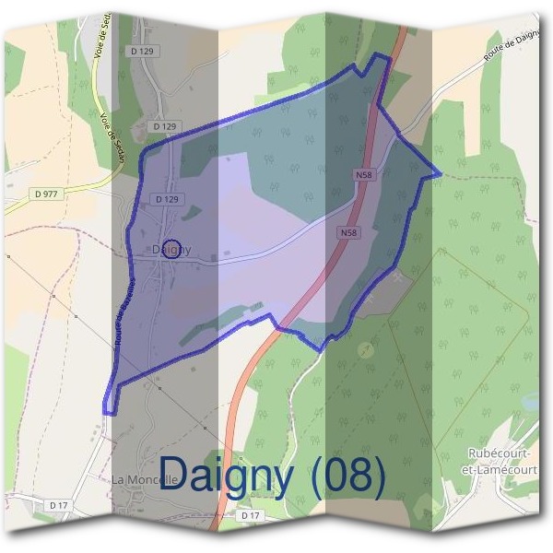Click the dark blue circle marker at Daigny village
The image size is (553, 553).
(x=182, y=248)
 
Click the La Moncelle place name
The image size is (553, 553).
(x=144, y=480)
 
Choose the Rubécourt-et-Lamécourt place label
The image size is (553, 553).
(x=501, y=461)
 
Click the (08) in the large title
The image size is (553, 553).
(x=348, y=476)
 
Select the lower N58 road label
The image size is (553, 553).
(x=348, y=233)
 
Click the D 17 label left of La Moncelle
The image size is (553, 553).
(x=58, y=505)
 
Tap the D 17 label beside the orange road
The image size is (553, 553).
(x=249, y=516)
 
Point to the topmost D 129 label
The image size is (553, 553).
(x=142, y=52)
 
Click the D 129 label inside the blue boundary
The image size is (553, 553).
(x=166, y=199)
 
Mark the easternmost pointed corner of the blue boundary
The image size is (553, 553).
(x=441, y=172)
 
